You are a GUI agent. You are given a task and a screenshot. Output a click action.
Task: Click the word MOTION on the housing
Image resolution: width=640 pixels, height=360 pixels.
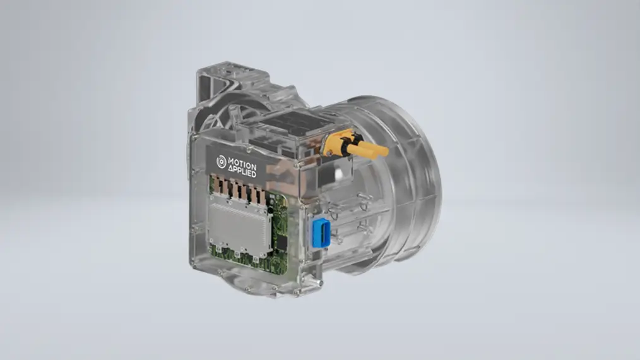pos(242,164)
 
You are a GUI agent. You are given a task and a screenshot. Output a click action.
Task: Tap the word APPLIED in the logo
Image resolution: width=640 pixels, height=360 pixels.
pos(242,172)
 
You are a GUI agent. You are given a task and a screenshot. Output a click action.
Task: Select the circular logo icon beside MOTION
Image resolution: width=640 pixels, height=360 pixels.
pos(222,162)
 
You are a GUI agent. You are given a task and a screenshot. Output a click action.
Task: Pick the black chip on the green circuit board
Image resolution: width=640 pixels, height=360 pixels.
pos(281,243)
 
